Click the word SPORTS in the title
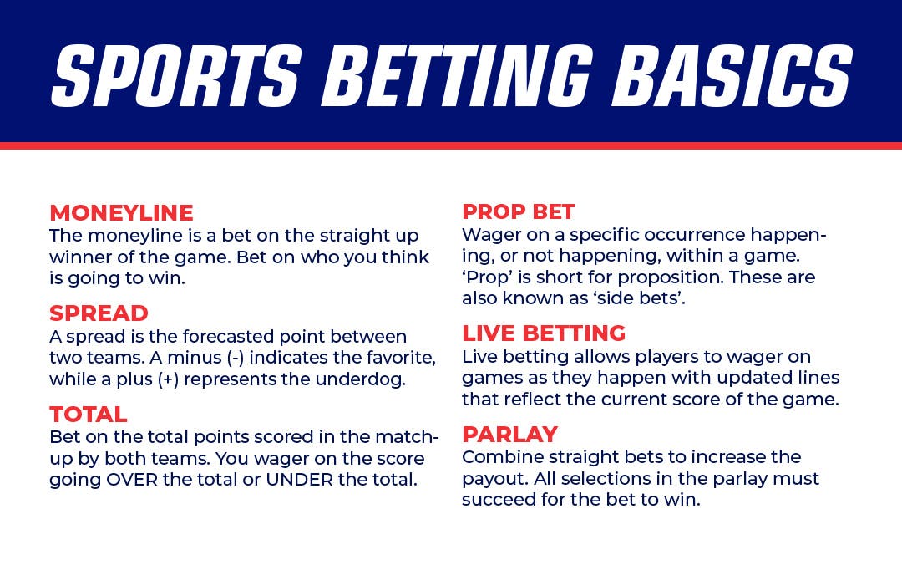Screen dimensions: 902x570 (176, 75)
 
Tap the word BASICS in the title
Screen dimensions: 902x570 (732, 75)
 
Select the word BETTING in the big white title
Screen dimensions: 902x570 (458, 75)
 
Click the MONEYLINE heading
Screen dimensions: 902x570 (121, 213)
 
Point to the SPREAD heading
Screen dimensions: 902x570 (99, 313)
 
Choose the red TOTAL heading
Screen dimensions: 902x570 (88, 415)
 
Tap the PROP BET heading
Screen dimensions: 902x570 (519, 212)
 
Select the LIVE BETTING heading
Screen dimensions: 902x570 (544, 333)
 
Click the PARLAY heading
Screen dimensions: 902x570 (509, 434)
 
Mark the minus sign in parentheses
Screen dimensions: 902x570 (236, 358)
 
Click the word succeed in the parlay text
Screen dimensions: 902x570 (498, 499)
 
